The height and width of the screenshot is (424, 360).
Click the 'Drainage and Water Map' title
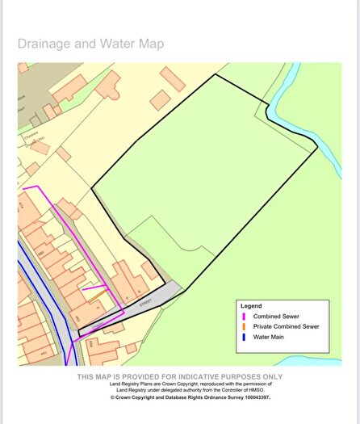(90, 44)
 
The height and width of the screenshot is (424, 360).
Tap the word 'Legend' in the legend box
(251, 306)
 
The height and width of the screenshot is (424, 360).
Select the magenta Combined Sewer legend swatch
(244, 317)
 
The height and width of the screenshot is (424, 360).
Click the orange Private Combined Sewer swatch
(244, 327)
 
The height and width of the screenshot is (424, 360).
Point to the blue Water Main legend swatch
(244, 338)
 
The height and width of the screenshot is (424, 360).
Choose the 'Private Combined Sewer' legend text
(286, 327)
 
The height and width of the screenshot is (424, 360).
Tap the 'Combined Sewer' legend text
(274, 317)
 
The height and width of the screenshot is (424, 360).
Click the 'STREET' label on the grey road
(145, 303)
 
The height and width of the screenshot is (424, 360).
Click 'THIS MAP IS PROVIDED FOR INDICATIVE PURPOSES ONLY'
(179, 376)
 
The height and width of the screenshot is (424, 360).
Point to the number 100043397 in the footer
(253, 397)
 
